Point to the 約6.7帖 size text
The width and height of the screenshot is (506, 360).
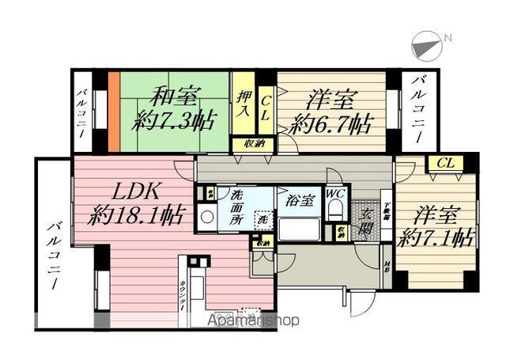[x=331, y=123]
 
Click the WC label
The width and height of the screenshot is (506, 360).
[x=334, y=194]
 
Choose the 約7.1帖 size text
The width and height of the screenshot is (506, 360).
[x=435, y=237]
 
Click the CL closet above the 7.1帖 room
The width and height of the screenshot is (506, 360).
[x=445, y=163]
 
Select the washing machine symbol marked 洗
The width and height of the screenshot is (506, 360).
[x=260, y=219]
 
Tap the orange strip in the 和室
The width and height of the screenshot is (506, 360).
[x=114, y=112]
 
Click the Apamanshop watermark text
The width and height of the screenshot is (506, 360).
[x=253, y=320]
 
